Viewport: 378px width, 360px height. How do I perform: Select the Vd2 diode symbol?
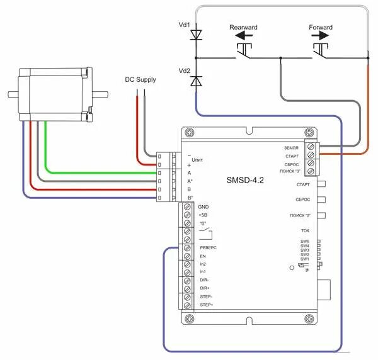tap(196, 81)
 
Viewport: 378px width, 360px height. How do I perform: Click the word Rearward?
tap(243, 28)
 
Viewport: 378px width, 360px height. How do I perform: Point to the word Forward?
tap(321, 28)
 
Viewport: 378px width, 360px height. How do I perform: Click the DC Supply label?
tap(140, 80)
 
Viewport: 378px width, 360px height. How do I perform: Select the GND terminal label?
tap(203, 206)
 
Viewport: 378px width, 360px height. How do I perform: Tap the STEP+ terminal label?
tap(206, 305)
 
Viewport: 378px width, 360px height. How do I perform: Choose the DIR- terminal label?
tap(203, 280)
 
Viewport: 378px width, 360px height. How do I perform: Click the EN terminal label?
tap(202, 256)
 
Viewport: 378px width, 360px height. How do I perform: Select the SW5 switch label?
tap(304, 241)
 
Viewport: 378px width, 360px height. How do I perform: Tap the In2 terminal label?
tap(202, 264)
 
